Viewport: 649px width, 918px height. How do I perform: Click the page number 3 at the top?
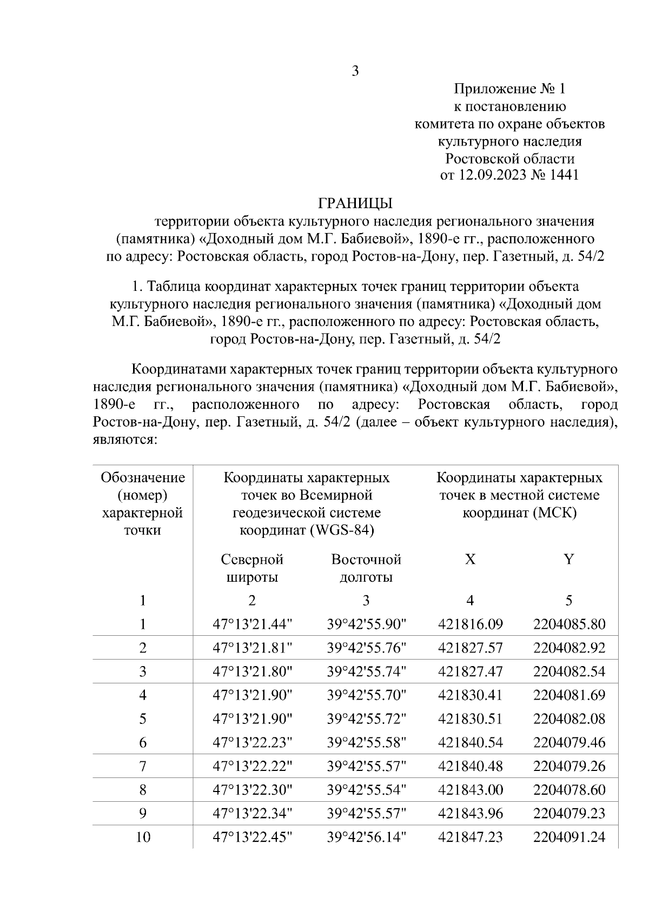point(355,71)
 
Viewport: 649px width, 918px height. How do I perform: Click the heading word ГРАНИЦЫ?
point(355,204)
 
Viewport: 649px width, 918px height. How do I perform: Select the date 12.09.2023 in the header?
point(492,176)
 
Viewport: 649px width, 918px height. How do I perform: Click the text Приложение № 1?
point(509,89)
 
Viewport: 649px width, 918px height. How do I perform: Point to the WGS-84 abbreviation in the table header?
point(343,530)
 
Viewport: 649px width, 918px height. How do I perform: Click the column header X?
point(470,560)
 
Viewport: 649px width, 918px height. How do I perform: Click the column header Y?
point(568,560)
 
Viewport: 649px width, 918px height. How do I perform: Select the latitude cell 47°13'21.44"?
point(252,624)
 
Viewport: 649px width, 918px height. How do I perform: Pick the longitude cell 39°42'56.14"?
point(366,837)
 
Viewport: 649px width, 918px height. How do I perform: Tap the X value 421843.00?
point(470,790)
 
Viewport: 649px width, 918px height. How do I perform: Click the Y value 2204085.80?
point(569,624)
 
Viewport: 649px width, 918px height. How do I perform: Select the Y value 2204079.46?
point(569,742)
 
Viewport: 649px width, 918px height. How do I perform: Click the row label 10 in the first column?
point(143,837)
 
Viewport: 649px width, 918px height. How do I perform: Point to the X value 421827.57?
point(470,648)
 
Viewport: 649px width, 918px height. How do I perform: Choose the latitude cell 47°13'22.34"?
point(252,814)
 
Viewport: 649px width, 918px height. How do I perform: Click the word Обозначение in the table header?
point(143,478)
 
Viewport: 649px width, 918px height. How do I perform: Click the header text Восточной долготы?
point(366,568)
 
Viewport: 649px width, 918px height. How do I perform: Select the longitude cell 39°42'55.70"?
point(366,695)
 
